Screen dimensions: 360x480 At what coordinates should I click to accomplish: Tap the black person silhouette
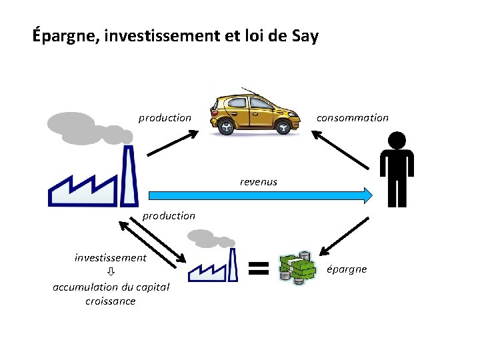coord(397,170)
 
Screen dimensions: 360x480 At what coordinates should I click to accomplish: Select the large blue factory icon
coord(93,180)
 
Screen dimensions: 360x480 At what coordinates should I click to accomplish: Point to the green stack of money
coord(297,269)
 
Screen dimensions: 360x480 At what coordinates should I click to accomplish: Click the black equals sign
coord(258,269)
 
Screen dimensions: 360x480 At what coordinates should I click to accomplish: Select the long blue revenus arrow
coord(260,195)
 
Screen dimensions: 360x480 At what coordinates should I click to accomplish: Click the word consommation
coord(352,118)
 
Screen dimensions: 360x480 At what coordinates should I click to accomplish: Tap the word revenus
coord(259,181)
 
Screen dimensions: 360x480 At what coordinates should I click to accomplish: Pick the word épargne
coord(346,269)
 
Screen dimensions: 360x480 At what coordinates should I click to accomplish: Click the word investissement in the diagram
coord(111,257)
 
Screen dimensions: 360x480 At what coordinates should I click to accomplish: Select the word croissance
coord(111,301)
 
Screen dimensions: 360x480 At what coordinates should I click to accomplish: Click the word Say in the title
coord(305,35)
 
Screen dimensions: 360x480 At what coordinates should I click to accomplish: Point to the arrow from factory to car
coord(173,143)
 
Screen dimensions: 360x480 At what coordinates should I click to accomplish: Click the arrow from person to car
coord(340,148)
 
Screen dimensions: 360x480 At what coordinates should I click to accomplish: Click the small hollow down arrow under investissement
coord(111,272)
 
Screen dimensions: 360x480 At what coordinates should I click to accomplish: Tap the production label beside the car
coord(165,118)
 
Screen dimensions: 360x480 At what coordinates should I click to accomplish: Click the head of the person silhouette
coord(397,141)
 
